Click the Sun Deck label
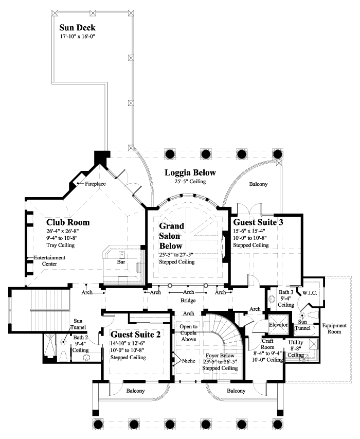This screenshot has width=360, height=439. point(77,27)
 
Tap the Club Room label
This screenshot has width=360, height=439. point(68,222)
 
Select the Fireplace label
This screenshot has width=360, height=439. point(95,183)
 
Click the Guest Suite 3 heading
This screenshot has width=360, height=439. point(258,222)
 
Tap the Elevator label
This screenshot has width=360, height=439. point(279,325)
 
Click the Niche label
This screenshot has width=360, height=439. point(189,361)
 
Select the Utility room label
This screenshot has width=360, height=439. point(296,342)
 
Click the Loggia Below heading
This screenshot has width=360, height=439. point(190,172)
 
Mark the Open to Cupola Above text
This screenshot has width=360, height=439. point(189,332)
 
